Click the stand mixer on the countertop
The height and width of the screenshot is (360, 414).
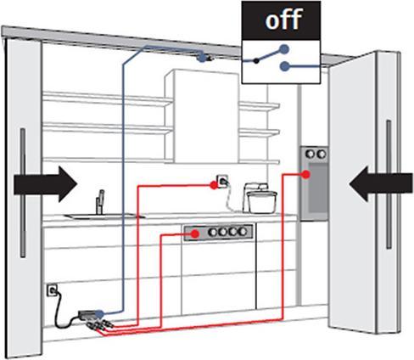[260, 198]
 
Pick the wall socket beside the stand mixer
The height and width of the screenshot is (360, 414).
[222, 183]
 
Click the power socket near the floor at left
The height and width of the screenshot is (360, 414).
[52, 290]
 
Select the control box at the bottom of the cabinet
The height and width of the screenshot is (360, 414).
[92, 316]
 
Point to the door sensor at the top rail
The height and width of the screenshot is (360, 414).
[202, 58]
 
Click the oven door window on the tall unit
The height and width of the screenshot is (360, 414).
[316, 191]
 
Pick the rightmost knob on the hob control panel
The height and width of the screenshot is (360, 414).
[246, 232]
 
